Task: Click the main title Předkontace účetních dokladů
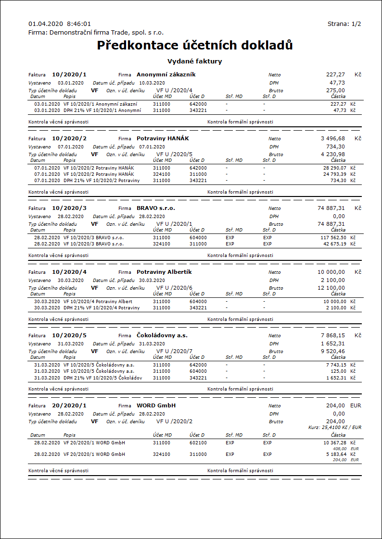pos(195,46)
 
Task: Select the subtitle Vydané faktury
pos(194,61)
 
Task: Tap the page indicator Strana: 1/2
pos(344,24)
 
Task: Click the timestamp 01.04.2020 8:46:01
pos(60,24)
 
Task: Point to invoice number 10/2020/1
pos(69,74)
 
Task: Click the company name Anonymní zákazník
pos(166,74)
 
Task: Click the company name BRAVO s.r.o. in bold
pos(156,208)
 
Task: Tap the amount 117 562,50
pos(333,237)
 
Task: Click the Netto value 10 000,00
pos(331,272)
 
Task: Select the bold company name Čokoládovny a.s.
pos(162,335)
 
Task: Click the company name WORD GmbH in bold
pos(156,405)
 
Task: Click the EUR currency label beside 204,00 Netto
pos(356,405)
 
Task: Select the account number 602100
pos(198,442)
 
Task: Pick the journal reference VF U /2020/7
pos(174,351)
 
